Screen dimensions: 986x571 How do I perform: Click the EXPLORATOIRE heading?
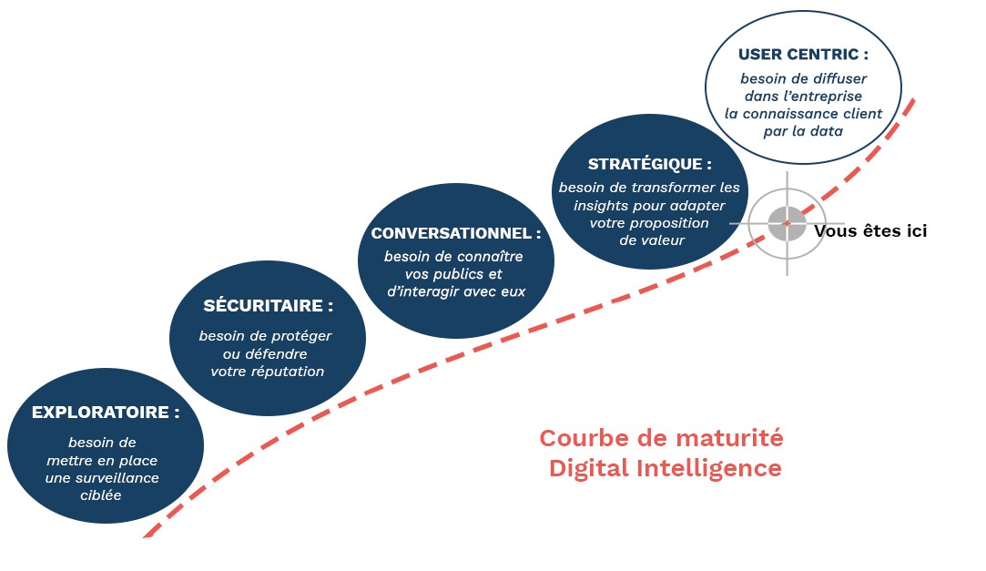[x=106, y=413]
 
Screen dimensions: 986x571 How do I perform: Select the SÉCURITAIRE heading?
[x=268, y=306]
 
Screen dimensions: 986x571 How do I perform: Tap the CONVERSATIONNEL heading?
[x=456, y=233]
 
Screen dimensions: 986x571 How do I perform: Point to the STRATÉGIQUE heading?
[x=649, y=164]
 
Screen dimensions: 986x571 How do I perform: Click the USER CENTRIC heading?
[x=803, y=55]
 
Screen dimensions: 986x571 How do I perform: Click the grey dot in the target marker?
[x=787, y=223]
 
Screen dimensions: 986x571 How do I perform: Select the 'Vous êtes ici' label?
[x=870, y=231]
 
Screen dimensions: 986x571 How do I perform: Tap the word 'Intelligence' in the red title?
[x=709, y=468]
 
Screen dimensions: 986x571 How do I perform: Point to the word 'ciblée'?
[x=101, y=495]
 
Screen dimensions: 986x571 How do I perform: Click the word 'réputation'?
[x=288, y=372]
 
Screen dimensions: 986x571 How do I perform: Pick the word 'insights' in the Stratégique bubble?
[x=597, y=206]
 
